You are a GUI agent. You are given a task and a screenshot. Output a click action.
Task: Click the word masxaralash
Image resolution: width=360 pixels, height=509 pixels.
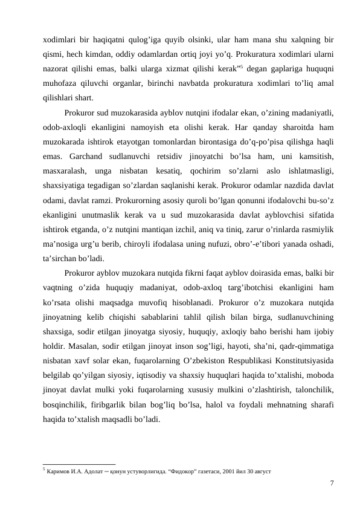pos(65,170)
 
